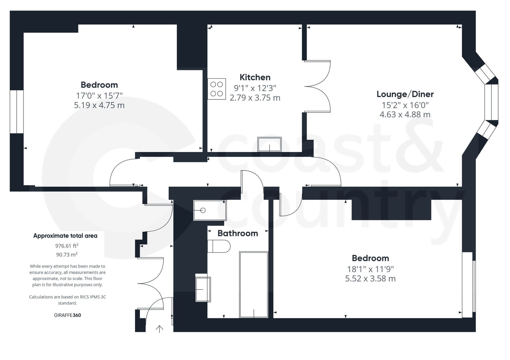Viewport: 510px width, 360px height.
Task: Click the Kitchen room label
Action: click(255, 77)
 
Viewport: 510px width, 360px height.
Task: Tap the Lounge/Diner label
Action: click(405, 94)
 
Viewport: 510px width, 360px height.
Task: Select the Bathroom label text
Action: click(237, 233)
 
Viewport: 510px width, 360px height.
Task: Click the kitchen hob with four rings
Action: click(217, 89)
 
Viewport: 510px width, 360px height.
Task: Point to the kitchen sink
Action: click(269, 144)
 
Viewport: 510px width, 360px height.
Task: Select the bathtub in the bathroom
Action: click(254, 284)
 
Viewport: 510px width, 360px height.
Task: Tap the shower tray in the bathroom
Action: click(210, 210)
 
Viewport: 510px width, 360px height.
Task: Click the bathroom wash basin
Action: click(203, 289)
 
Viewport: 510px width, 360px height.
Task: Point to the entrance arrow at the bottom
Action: click(159, 329)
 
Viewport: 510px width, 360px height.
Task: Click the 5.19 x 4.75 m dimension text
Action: click(99, 105)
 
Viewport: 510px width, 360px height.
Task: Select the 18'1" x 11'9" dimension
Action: click(370, 269)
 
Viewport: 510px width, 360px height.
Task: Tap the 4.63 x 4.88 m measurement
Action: click(405, 114)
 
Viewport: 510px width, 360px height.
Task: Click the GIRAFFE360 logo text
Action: click(68, 315)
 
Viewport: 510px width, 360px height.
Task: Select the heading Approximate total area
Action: click(65, 236)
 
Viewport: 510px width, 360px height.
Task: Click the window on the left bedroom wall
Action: click(17, 112)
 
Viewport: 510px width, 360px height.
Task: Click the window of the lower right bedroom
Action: click(468, 284)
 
